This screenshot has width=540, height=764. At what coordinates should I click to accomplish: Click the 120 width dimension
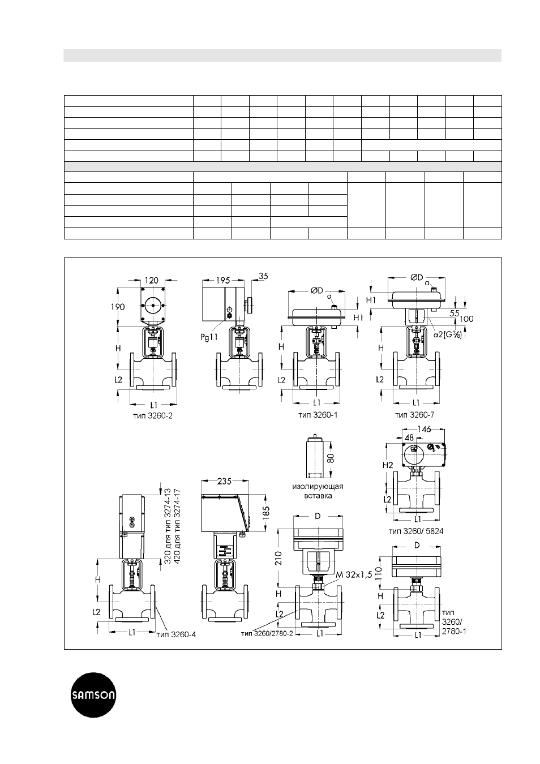click(152, 280)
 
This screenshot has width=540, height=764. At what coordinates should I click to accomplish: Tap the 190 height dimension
click(118, 307)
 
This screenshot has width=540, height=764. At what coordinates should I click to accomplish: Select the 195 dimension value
click(223, 280)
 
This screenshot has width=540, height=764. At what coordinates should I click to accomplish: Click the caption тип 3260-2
click(153, 416)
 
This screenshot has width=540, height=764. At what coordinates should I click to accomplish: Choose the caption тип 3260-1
click(318, 415)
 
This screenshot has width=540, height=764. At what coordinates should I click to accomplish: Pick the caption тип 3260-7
click(415, 415)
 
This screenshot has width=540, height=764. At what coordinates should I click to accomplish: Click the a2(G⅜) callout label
click(448, 335)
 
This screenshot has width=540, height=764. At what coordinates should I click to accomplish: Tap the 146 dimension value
click(425, 429)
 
